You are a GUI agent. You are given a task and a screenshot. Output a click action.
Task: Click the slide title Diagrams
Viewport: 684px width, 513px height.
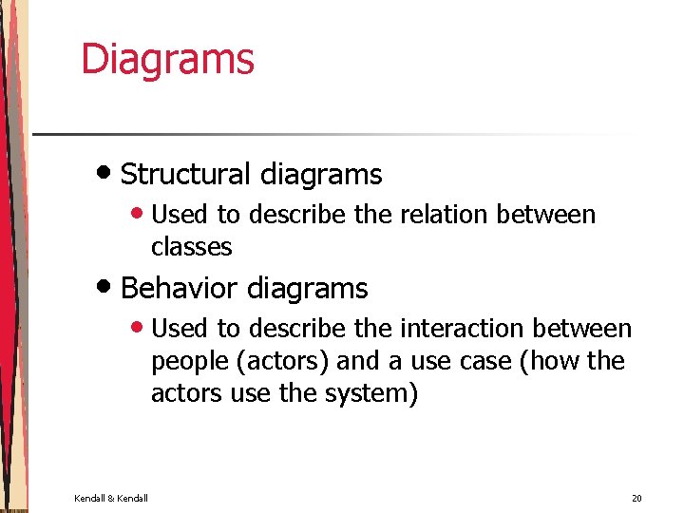pyautogui.click(x=167, y=59)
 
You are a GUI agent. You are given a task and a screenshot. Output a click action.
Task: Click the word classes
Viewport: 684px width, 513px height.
pyautogui.click(x=191, y=247)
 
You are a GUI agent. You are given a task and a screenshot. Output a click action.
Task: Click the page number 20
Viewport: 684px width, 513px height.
pyautogui.click(x=636, y=498)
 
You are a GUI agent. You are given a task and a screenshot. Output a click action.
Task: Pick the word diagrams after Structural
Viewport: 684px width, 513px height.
pyautogui.click(x=320, y=175)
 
